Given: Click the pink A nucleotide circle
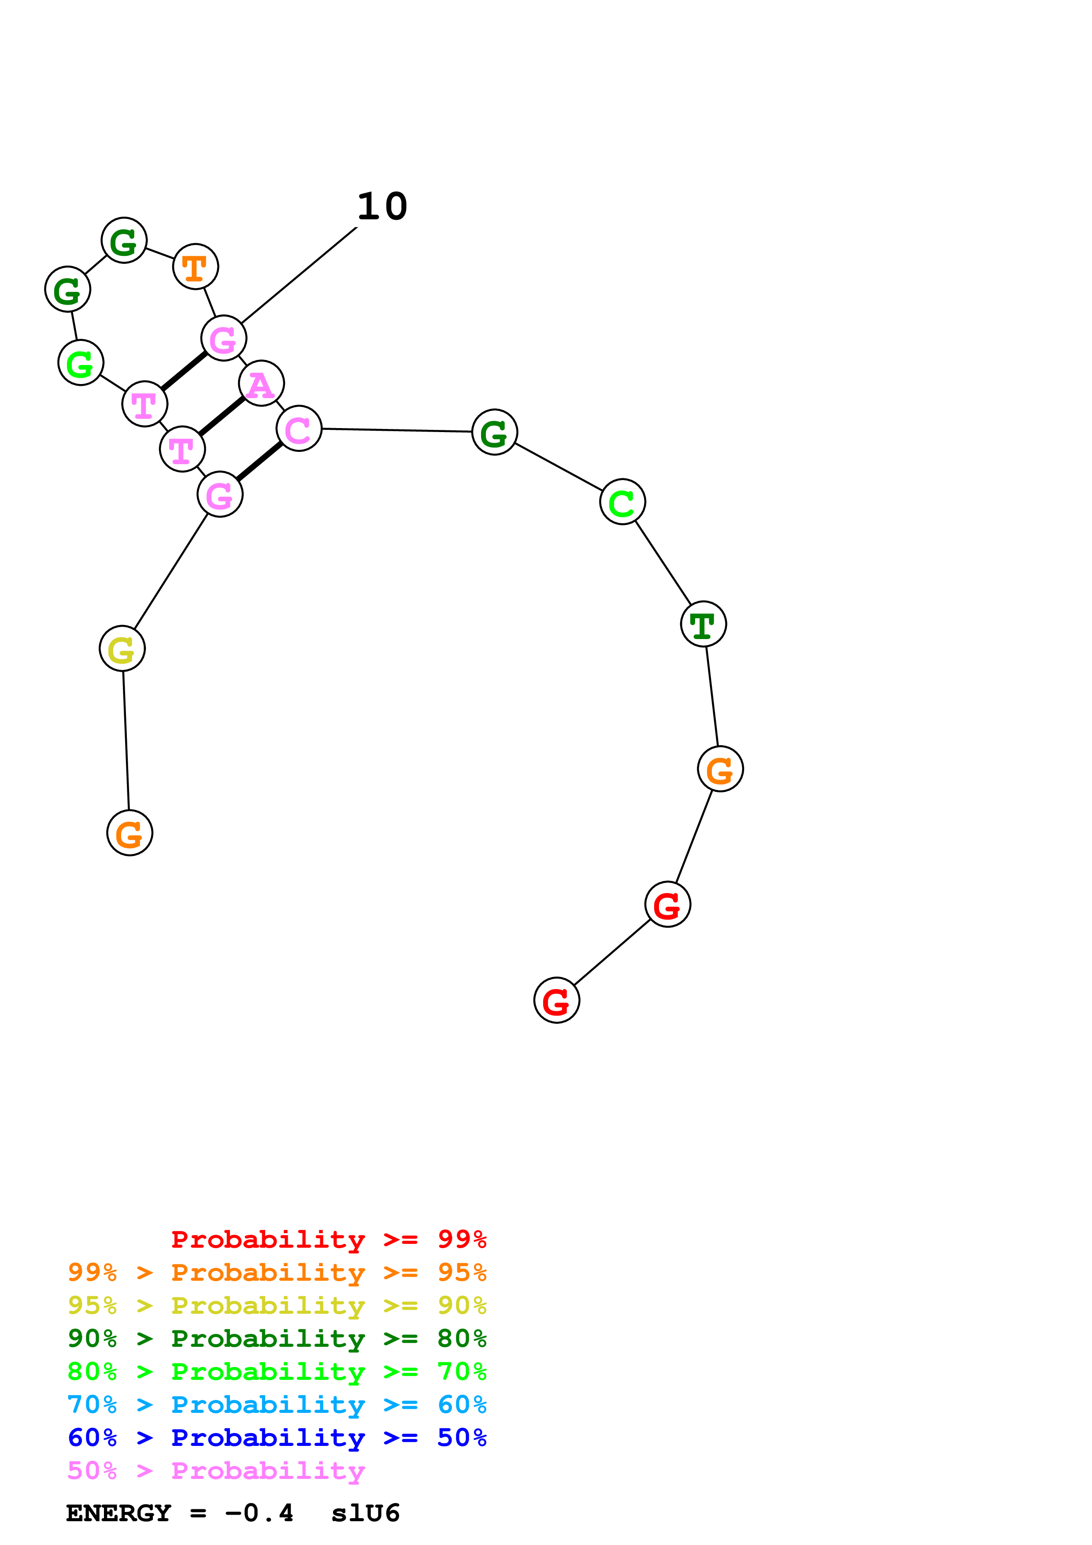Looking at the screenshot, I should pyautogui.click(x=261, y=384).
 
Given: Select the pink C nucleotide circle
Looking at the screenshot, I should pyautogui.click(x=299, y=429).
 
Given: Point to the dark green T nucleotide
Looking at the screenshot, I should pyautogui.click(x=703, y=625).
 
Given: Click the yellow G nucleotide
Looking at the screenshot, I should pyautogui.click(x=122, y=649).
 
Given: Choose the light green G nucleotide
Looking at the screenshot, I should pyautogui.click(x=81, y=363).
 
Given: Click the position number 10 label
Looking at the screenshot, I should pyautogui.click(x=382, y=207).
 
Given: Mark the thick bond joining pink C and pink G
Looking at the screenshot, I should pyautogui.click(x=259, y=462).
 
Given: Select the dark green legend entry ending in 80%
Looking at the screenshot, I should pyautogui.click(x=277, y=1338).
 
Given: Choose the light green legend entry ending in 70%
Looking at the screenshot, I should pyautogui.click(x=277, y=1371).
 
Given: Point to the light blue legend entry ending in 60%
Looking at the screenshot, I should pyautogui.click(x=277, y=1405).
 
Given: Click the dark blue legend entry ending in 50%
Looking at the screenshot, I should pyautogui.click(x=277, y=1438).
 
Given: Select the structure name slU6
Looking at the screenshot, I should pyautogui.click(x=365, y=1513).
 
